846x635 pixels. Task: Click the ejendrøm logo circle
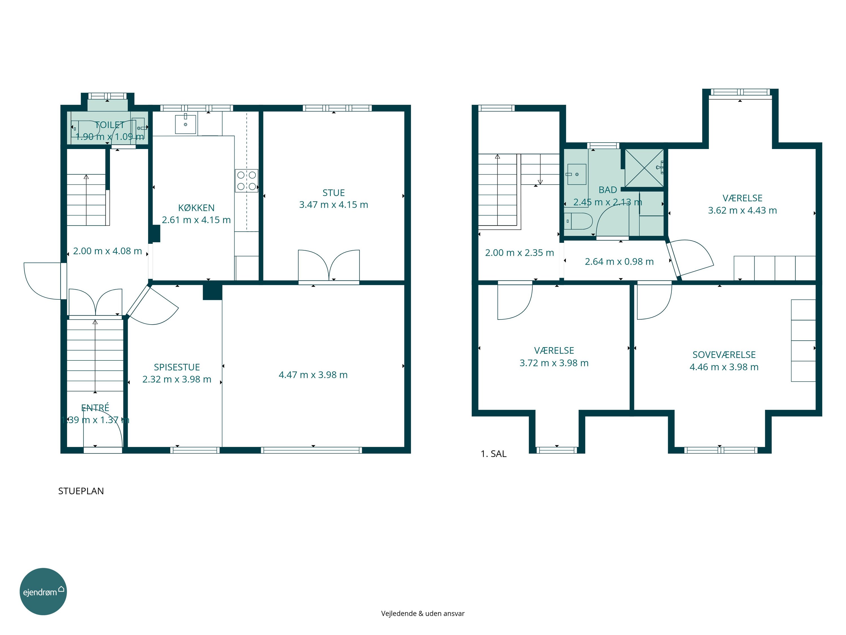click(x=43, y=591)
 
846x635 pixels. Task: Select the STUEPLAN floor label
click(x=81, y=491)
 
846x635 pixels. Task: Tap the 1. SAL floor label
click(x=493, y=454)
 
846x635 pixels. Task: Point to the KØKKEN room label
click(x=196, y=208)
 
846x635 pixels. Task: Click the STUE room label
click(x=334, y=193)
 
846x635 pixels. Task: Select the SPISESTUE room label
click(x=177, y=367)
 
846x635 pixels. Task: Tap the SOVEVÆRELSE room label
click(x=724, y=355)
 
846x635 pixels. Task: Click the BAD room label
click(x=608, y=190)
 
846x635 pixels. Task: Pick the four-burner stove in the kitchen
click(x=246, y=181)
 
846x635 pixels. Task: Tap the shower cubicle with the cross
click(x=644, y=168)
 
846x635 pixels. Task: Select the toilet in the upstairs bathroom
click(x=578, y=221)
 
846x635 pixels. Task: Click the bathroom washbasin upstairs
click(x=576, y=174)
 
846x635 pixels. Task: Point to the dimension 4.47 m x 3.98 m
click(x=313, y=375)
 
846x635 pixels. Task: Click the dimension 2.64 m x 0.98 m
click(x=619, y=262)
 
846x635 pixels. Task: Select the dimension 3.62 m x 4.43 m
click(x=742, y=211)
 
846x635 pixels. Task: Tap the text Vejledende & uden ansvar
click(x=423, y=614)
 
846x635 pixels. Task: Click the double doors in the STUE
click(x=329, y=266)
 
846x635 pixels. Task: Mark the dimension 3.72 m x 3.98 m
click(x=554, y=363)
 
